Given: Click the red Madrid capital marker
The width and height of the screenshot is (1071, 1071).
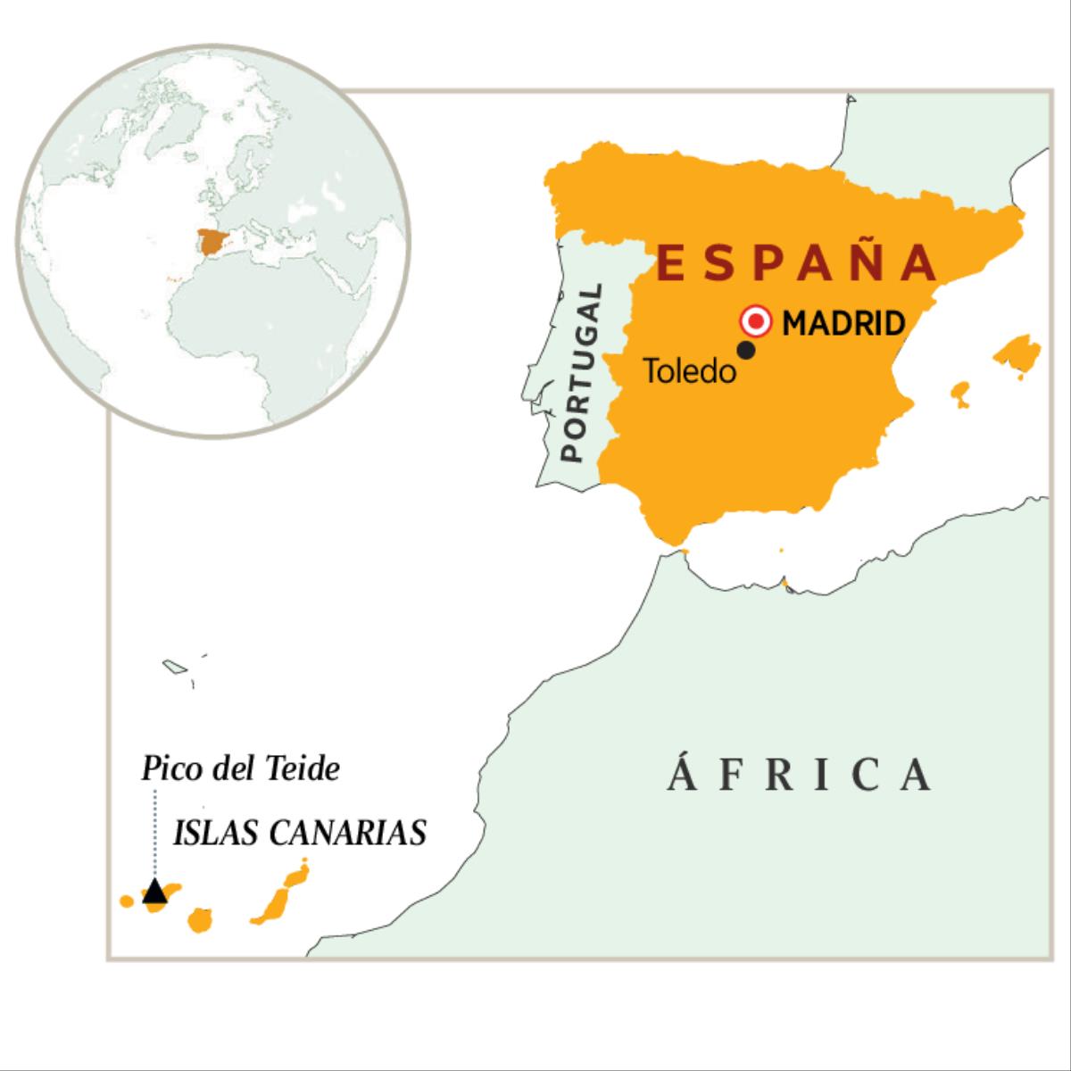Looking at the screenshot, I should coord(757,321).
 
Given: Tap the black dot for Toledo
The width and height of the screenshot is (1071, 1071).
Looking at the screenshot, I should coord(747,351).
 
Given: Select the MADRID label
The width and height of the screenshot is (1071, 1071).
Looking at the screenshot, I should coord(843,322).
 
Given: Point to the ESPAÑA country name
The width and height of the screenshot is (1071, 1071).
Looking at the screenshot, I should coord(798,262).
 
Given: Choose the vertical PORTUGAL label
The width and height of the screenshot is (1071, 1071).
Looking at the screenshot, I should coord(582,372).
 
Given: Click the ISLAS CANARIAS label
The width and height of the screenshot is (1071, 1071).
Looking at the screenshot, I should coord(299,833).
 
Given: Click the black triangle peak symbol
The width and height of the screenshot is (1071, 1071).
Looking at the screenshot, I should coord(155,891).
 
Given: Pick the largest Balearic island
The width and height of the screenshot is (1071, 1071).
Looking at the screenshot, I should coord(1017,353).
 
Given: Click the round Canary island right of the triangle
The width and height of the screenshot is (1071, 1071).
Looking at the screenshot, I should coord(199,920).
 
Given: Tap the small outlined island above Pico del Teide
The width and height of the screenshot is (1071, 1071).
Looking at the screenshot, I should coord(173,666).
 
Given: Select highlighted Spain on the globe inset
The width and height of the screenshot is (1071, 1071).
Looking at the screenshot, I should coord(212,241).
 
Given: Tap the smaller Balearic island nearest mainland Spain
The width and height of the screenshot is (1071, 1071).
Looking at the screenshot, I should coord(960,393).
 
